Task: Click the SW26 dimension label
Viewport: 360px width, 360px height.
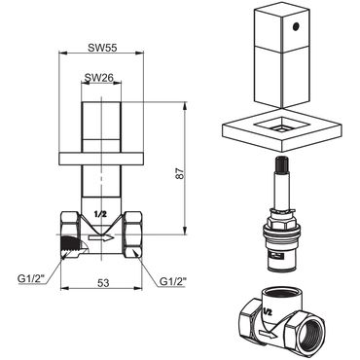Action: pyautogui.click(x=98, y=78)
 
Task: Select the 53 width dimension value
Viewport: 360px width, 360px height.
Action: pyautogui.click(x=102, y=282)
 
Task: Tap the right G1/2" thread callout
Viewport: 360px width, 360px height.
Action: pyautogui.click(x=174, y=283)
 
